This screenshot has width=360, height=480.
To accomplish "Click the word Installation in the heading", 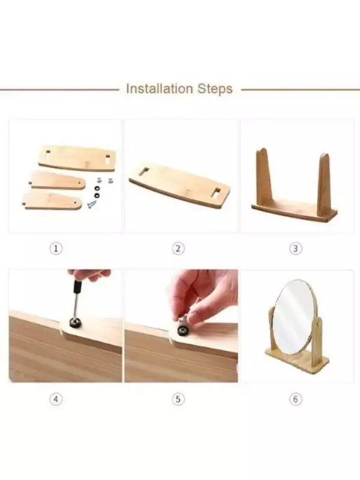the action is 159,89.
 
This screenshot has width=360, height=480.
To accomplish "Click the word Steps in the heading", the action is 215,89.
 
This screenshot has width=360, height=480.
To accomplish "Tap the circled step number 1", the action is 56,248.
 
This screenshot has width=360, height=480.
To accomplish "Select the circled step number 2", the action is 178,248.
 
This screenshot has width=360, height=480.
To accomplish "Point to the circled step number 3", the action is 295,248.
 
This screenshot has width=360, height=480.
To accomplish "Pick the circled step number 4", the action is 56,399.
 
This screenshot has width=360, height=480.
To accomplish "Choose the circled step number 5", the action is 178,399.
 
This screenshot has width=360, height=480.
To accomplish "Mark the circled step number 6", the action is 295,399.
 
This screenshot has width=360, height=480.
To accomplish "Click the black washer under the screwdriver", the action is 74,322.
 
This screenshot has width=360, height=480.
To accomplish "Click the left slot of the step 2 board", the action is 143,172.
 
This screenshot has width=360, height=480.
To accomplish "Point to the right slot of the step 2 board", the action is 216,192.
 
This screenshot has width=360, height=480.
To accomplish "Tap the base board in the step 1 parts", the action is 77,158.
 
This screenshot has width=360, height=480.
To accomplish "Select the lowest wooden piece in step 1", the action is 53,201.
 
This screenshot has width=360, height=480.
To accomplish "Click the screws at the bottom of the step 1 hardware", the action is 92,203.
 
